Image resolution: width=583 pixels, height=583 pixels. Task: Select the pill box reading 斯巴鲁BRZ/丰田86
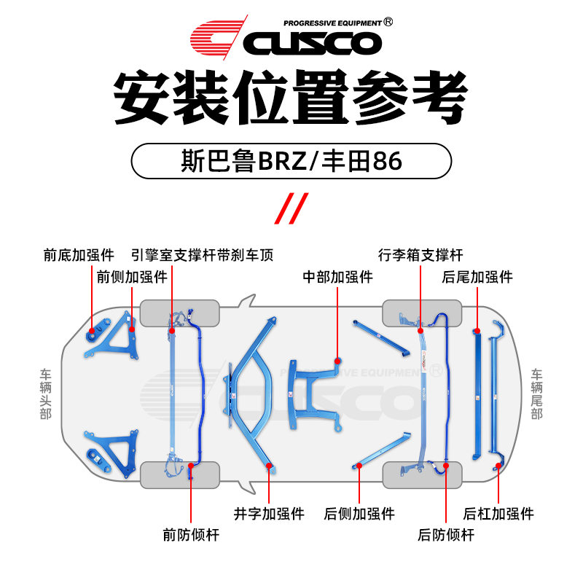(x=291, y=161)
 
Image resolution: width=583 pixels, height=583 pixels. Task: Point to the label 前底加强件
(x=79, y=255)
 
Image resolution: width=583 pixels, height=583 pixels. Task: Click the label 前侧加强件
(x=132, y=277)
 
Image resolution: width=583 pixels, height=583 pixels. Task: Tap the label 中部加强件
(x=338, y=277)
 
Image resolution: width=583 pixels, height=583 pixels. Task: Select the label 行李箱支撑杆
(x=420, y=255)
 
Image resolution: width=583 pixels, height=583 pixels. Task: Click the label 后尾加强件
(x=477, y=277)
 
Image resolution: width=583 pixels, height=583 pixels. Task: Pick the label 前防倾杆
(x=191, y=535)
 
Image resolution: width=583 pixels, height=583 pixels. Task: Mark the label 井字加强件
(x=269, y=514)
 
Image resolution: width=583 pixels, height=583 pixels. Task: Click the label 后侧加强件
(x=359, y=514)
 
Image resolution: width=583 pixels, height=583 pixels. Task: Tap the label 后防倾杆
(x=446, y=535)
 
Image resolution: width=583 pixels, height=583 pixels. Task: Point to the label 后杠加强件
(x=499, y=514)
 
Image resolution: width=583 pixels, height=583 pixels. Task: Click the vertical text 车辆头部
(x=46, y=394)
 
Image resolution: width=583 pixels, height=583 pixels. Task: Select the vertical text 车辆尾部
(x=537, y=394)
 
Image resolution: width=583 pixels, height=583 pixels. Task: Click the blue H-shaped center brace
(x=315, y=394)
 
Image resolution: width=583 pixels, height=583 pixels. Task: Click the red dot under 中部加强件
(x=338, y=359)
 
